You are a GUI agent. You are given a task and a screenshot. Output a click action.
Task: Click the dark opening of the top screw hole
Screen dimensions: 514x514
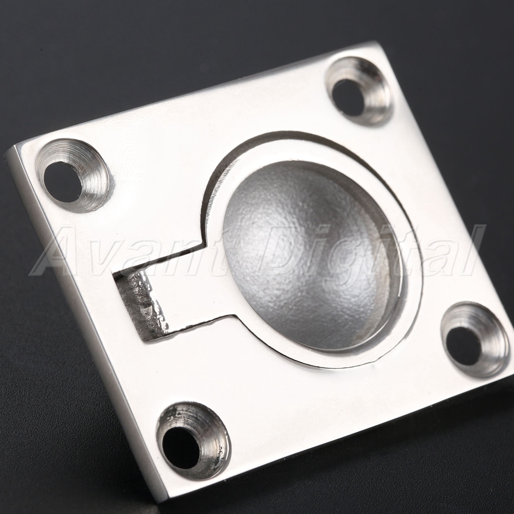coord(348,97)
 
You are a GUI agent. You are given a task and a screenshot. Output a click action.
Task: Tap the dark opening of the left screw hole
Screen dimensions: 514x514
coord(63,182)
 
